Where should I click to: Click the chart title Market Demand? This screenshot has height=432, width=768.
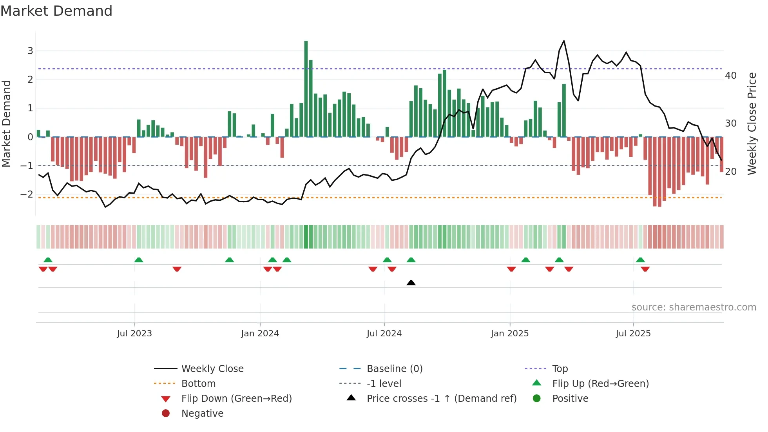(56, 11)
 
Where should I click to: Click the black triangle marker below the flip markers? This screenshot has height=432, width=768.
(411, 283)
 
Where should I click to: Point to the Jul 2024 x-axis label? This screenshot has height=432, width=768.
(384, 334)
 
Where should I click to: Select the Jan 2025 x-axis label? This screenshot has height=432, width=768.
(509, 334)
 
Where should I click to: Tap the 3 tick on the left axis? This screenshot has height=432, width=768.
(30, 51)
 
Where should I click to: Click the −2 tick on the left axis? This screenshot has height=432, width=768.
(27, 194)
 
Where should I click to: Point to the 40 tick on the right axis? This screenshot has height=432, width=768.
(731, 75)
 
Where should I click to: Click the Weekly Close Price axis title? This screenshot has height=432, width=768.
(752, 123)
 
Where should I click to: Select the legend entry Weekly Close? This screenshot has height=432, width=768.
(212, 369)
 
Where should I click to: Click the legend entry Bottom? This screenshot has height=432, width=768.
(198, 384)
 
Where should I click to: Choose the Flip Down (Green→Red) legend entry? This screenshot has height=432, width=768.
(236, 399)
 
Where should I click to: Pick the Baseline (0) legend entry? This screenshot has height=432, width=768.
(394, 369)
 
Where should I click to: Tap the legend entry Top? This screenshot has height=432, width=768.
(560, 369)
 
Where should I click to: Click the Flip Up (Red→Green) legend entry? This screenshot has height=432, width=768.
(600, 384)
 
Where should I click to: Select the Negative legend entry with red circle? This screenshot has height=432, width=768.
(202, 414)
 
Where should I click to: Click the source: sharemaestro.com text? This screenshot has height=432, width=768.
(694, 307)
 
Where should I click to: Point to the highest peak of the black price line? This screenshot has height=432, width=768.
(564, 41)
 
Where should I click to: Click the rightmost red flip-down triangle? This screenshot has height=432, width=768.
(645, 269)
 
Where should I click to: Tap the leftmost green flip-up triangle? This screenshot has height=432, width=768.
(48, 260)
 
